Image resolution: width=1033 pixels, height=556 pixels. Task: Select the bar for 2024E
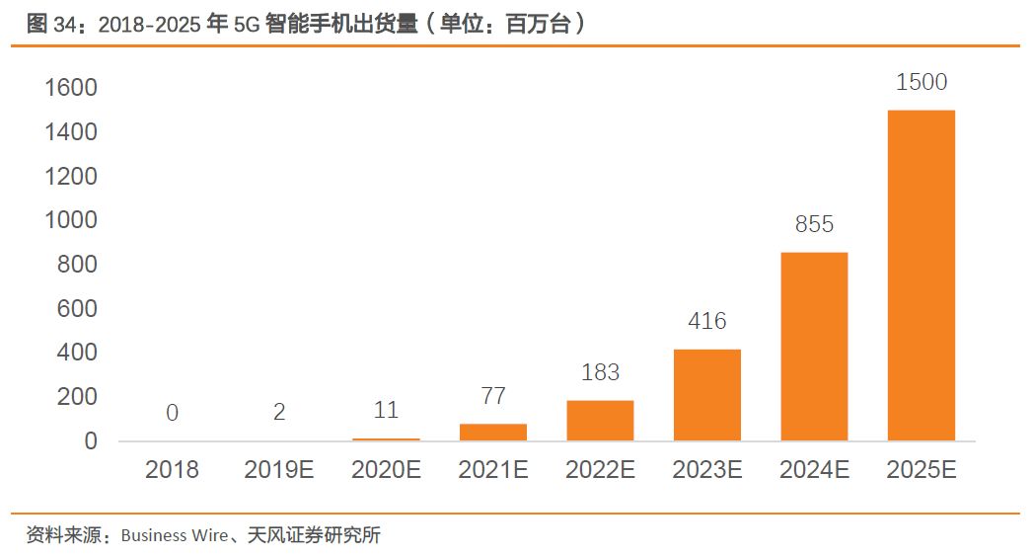tap(814, 346)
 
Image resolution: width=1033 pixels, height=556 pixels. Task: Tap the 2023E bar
tap(706, 394)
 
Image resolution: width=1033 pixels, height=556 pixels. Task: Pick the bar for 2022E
tap(600, 420)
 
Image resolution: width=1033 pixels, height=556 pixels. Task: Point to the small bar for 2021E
tap(492, 432)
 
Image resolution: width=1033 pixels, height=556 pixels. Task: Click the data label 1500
tap(921, 83)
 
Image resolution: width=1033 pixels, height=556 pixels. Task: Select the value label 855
tap(814, 225)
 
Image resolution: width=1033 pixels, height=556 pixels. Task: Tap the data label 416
tap(706, 321)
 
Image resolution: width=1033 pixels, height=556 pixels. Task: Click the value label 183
tap(600, 372)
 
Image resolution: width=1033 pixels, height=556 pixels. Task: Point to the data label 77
tap(492, 396)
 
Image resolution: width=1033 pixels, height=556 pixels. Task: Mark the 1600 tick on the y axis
tap(71, 89)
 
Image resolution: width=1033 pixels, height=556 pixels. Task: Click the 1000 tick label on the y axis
tap(71, 221)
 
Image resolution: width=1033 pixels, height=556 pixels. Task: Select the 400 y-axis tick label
tap(77, 354)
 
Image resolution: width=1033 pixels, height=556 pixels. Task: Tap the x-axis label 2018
tap(172, 471)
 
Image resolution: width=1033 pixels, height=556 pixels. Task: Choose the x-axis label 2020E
tap(386, 471)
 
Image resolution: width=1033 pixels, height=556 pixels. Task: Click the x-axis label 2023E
tap(706, 471)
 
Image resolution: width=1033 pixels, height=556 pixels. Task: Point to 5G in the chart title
tap(247, 25)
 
